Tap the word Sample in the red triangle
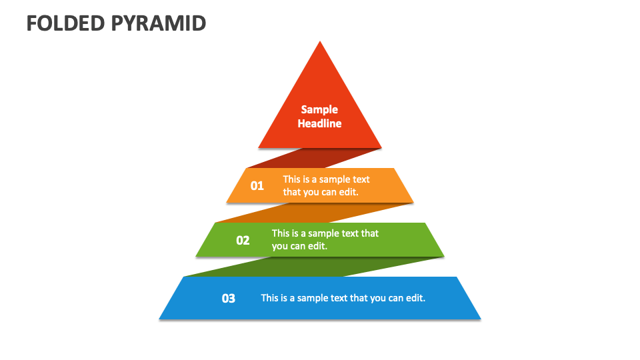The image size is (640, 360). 319,109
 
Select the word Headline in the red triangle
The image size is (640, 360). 319,123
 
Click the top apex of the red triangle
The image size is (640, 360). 320,43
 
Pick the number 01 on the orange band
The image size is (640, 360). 257,186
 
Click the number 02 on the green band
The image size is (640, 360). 243,240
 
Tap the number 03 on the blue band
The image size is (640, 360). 229,298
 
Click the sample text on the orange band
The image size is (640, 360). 326,185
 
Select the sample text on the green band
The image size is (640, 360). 325,239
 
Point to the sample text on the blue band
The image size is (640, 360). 343,298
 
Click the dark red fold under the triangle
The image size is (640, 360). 313,159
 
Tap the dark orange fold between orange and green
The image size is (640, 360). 313,213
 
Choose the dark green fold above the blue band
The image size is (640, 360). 313,267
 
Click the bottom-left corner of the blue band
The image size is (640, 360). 160,318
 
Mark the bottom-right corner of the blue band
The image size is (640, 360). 480,318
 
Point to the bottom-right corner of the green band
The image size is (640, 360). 443,255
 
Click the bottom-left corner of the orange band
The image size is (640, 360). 227,201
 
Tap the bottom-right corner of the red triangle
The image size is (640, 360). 381,147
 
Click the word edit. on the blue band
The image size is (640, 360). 415,298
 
